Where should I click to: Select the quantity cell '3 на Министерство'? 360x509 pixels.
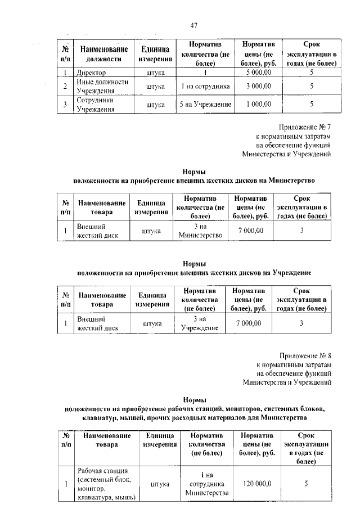pyautogui.click(x=200, y=231)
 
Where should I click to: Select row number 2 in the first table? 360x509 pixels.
pyautogui.click(x=65, y=87)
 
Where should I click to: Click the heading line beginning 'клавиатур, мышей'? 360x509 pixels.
pyautogui.click(x=193, y=418)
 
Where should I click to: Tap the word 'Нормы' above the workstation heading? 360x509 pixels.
pyautogui.click(x=193, y=399)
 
